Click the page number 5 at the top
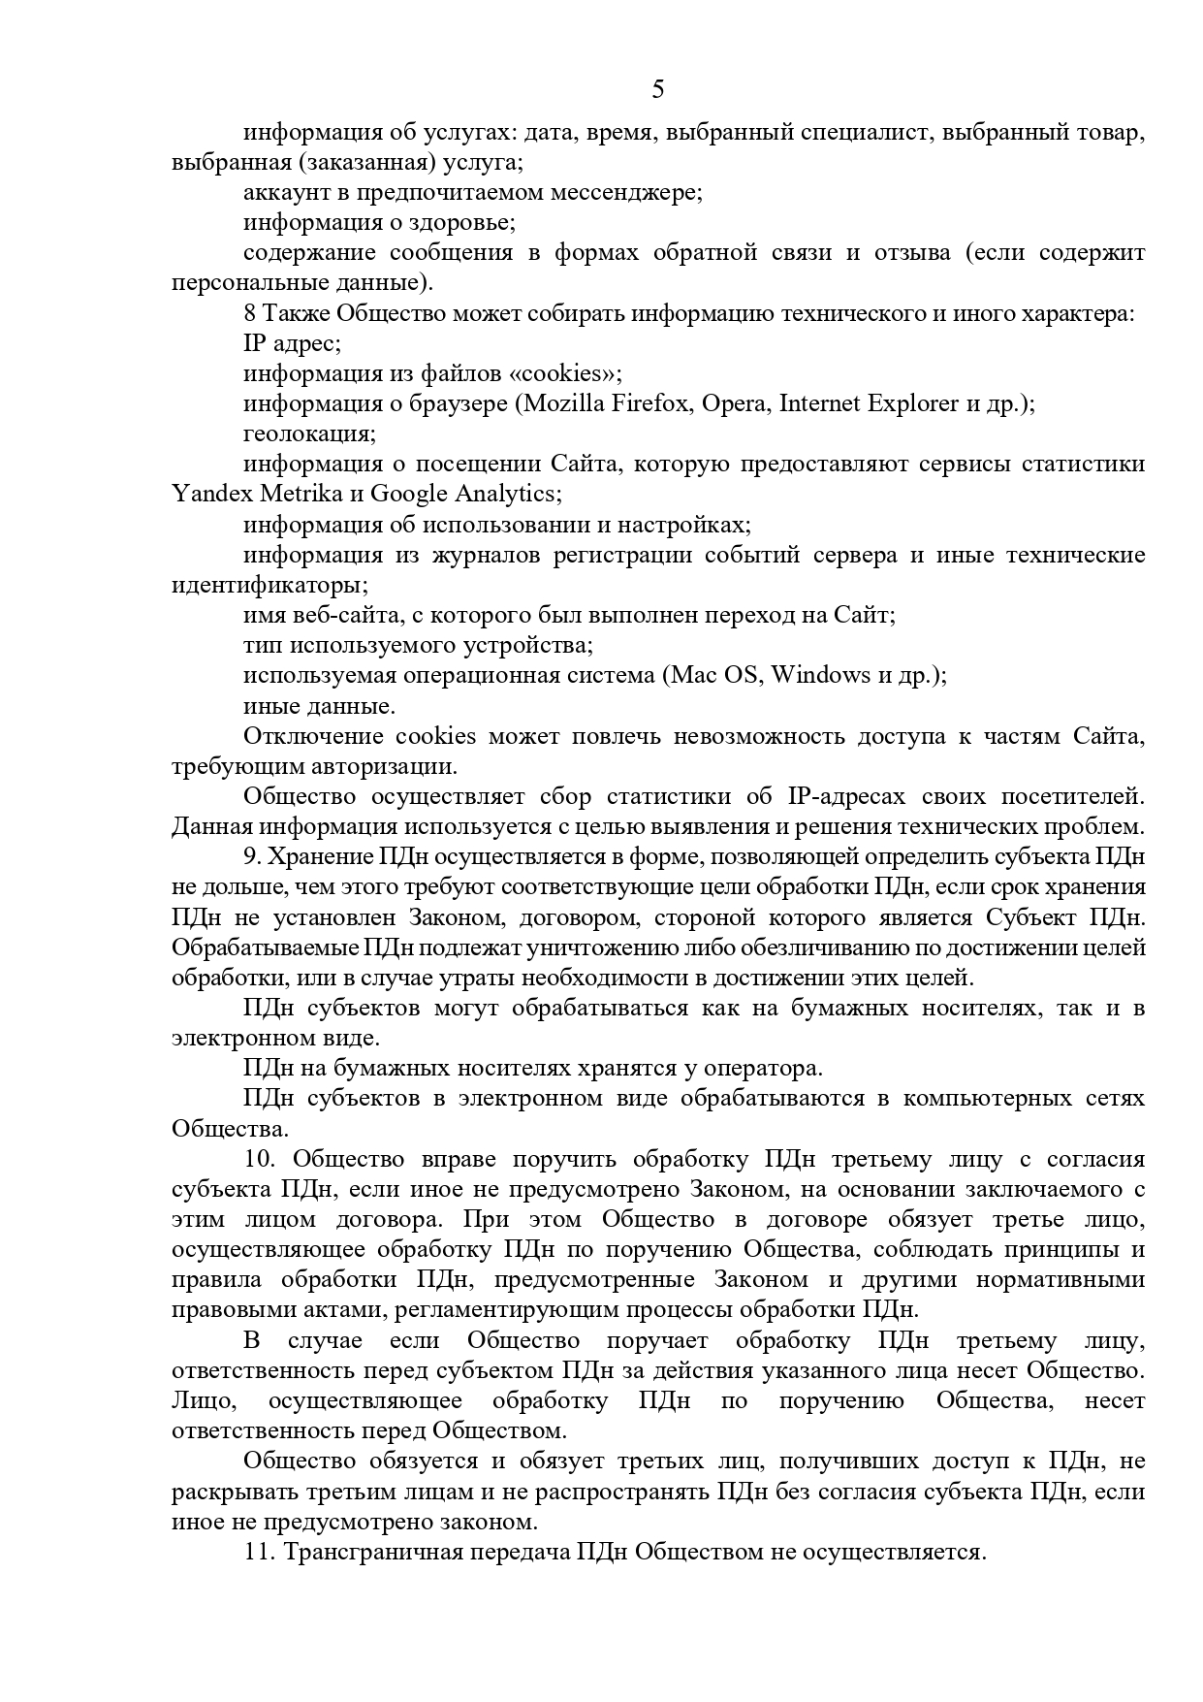pos(658,90)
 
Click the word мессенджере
pos(625,192)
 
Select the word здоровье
pos(460,222)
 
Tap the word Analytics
pos(506,494)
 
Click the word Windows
pos(819,675)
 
